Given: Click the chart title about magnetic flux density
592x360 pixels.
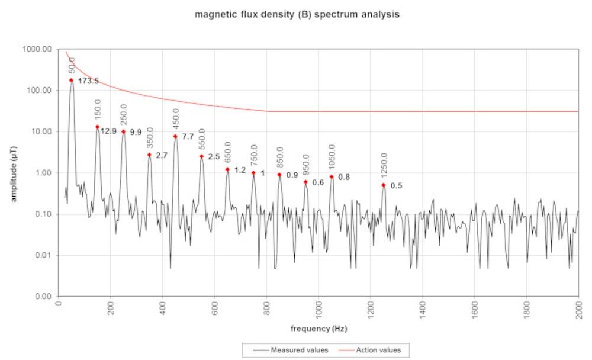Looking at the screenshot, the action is (297, 15).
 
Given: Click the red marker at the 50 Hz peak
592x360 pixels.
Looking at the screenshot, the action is (71, 80).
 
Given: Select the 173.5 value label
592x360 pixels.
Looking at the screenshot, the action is (88, 81).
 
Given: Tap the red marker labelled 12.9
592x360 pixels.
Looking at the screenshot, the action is (98, 127).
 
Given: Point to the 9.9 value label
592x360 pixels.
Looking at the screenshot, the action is (136, 132).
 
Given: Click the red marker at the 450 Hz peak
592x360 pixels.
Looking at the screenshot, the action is (175, 136).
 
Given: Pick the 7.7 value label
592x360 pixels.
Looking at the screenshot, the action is (188, 136).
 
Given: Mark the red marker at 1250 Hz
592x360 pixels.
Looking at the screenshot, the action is (383, 185).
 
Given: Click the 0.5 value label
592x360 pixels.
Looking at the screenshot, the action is (396, 185).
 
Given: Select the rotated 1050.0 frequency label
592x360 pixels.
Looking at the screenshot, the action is (332, 157).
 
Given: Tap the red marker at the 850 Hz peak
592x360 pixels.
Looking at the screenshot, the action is (279, 175).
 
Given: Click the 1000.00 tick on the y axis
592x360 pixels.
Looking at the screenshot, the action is (37, 49).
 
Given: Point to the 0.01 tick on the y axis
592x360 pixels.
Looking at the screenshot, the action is (43, 255).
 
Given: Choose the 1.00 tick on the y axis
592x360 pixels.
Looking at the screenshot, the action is (43, 173).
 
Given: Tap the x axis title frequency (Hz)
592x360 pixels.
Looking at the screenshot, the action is (318, 328).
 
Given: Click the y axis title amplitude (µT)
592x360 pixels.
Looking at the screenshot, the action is (14, 173).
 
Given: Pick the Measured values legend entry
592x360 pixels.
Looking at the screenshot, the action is (291, 350).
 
